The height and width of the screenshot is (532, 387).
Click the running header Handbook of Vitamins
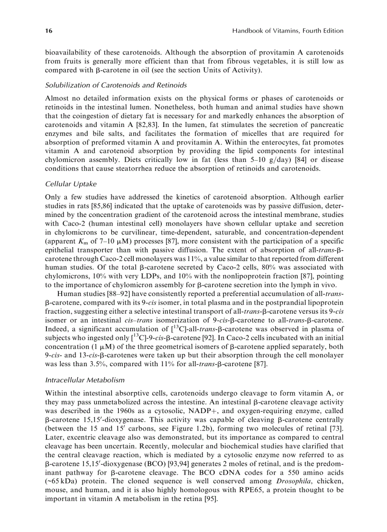click(x=288, y=31)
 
